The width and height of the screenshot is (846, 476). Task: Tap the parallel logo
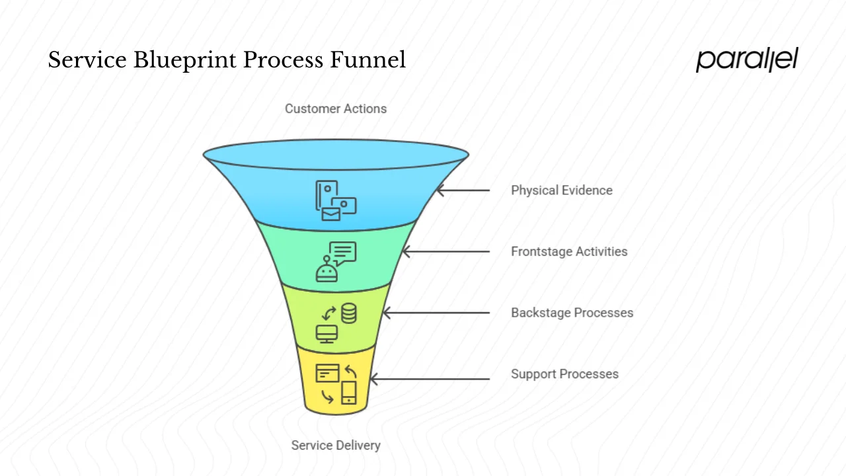tap(747, 59)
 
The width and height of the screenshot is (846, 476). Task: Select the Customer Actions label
tap(335, 108)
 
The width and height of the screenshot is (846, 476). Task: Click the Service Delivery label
tap(335, 445)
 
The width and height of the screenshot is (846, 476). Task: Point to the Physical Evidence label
tap(561, 190)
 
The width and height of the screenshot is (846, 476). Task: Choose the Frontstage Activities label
tap(568, 251)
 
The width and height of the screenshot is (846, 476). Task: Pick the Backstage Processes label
tap(572, 313)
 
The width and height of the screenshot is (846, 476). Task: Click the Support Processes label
tap(564, 374)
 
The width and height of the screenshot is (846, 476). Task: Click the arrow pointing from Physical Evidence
tap(463, 190)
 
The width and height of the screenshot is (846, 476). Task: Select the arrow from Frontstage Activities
tap(446, 251)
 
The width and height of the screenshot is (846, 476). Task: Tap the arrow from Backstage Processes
tap(436, 313)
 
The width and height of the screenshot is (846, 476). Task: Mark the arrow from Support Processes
tap(430, 379)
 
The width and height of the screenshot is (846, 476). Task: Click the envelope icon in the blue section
tap(331, 214)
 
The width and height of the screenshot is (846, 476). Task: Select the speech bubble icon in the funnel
tap(343, 253)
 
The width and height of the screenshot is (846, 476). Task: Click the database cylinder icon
tap(348, 313)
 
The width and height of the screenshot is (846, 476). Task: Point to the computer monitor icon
tap(327, 333)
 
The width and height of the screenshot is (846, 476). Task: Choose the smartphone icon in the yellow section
tap(348, 392)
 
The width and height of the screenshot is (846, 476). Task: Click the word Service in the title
tap(87, 60)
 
